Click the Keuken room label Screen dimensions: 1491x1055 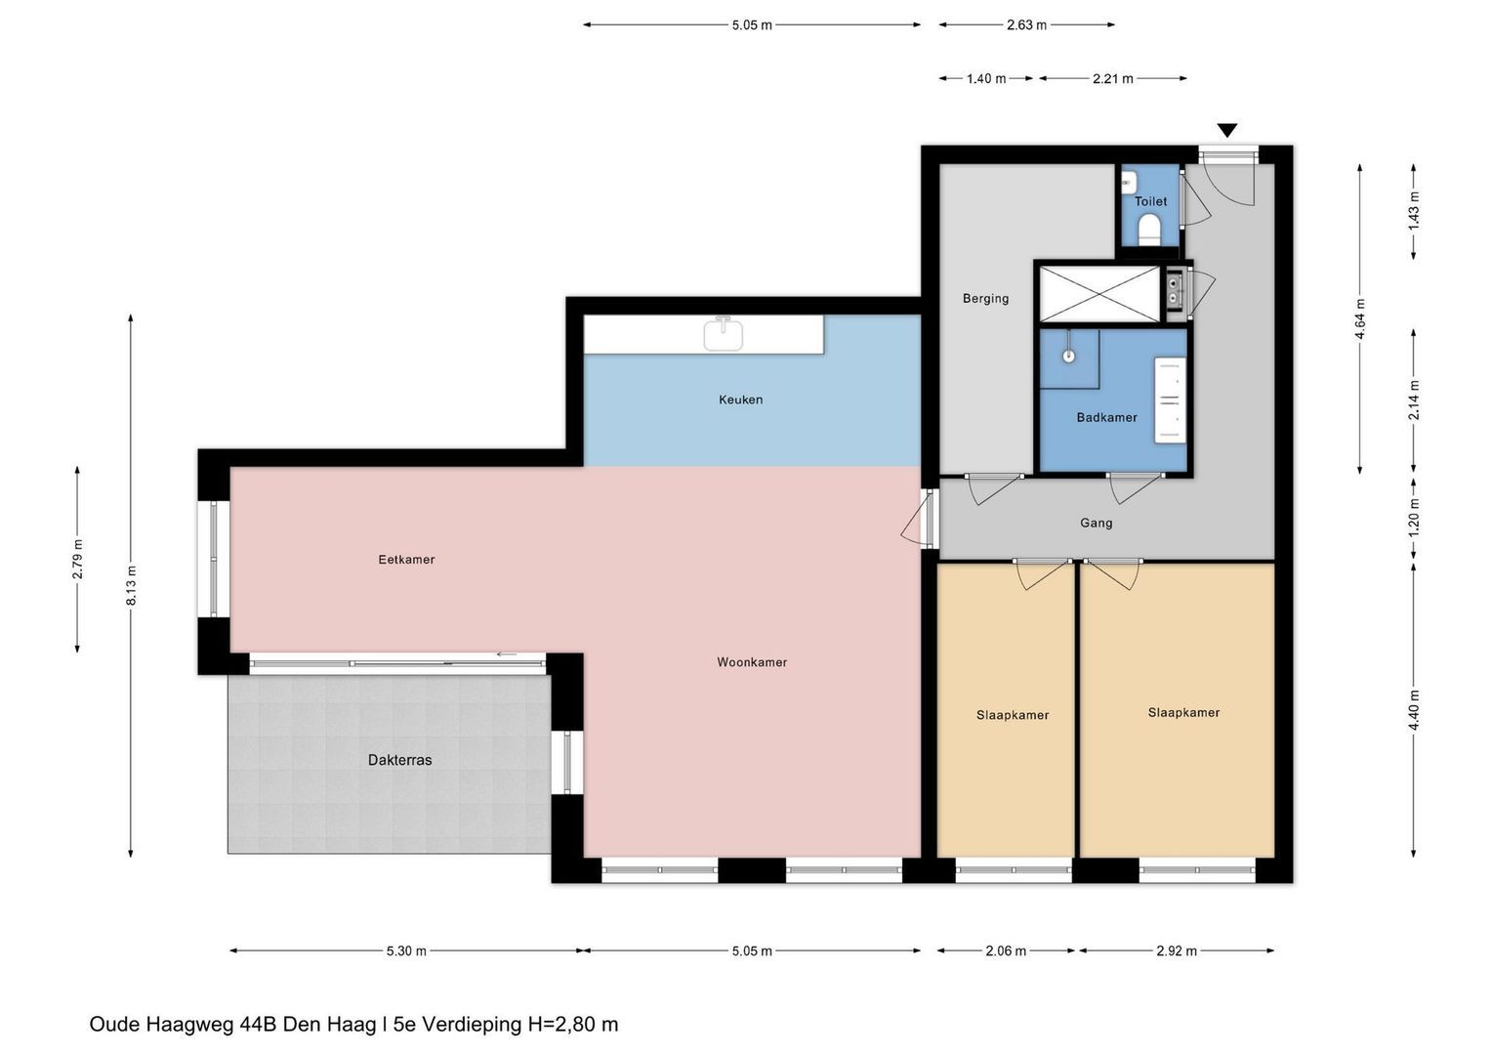[740, 400]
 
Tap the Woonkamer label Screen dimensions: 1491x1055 [752, 662]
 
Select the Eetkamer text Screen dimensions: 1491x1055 [406, 560]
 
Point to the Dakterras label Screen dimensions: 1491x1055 [399, 760]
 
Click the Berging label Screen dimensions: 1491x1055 [985, 298]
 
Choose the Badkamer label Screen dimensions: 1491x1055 [1106, 418]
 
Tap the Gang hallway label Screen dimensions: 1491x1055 [1096, 523]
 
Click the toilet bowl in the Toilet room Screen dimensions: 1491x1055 [1149, 230]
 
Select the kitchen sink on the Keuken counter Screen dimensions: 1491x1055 [723, 334]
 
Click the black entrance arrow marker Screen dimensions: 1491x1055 [1226, 130]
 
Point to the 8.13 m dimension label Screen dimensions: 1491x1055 [131, 586]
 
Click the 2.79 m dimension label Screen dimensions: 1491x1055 [78, 558]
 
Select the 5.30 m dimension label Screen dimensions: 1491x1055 [406, 951]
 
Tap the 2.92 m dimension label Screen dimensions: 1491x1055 [1177, 951]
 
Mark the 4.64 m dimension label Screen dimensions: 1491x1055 [1360, 319]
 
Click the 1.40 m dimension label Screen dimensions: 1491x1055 [986, 78]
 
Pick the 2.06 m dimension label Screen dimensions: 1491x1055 [1006, 951]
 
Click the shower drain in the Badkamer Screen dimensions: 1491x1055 [1068, 356]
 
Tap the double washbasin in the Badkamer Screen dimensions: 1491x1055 [1170, 400]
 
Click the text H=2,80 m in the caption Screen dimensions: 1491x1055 [573, 1024]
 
